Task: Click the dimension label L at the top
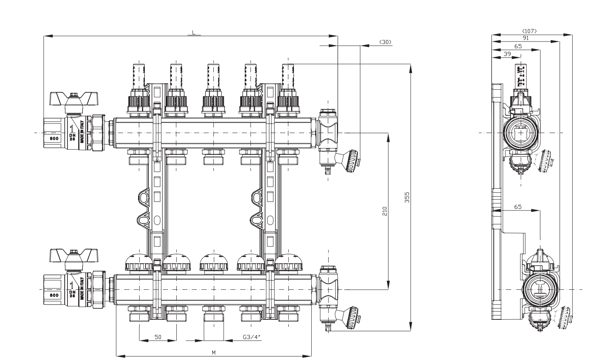194,32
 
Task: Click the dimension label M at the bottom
213,352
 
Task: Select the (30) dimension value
385,42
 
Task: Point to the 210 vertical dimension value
385,211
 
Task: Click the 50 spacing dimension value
158,337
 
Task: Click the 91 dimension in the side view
525,38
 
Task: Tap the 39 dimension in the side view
507,53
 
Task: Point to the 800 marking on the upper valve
54,139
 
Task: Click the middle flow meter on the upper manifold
213,77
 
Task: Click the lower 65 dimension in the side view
518,207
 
